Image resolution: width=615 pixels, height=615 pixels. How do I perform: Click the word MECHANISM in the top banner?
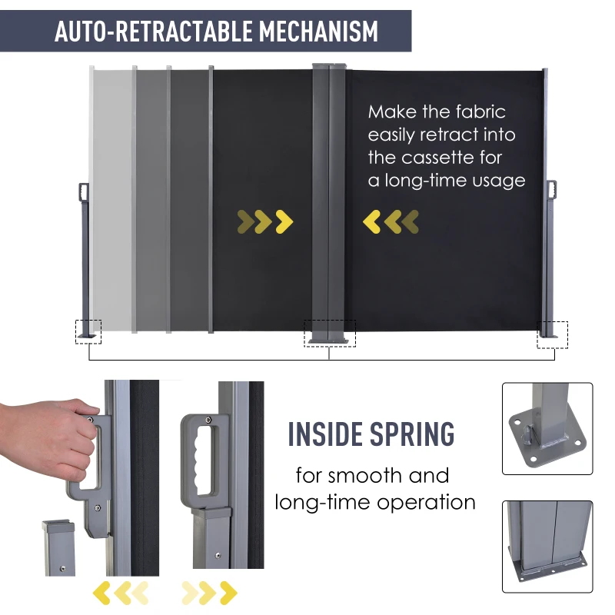(x=318, y=31)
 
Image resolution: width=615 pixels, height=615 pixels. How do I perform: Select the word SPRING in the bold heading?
(x=412, y=434)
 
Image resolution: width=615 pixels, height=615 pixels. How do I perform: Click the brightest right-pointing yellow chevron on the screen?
(x=284, y=221)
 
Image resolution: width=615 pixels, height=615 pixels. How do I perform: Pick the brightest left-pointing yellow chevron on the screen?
(x=371, y=221)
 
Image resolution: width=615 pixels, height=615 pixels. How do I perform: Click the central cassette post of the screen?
(x=329, y=204)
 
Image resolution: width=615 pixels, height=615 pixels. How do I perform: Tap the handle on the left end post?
(x=84, y=192)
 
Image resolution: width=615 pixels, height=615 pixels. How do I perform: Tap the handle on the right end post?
(x=552, y=190)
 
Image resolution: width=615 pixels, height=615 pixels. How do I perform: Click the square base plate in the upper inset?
(x=547, y=436)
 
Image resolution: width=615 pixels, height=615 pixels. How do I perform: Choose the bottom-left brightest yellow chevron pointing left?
(x=101, y=593)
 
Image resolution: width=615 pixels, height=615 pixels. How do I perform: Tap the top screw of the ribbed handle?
(x=208, y=420)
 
